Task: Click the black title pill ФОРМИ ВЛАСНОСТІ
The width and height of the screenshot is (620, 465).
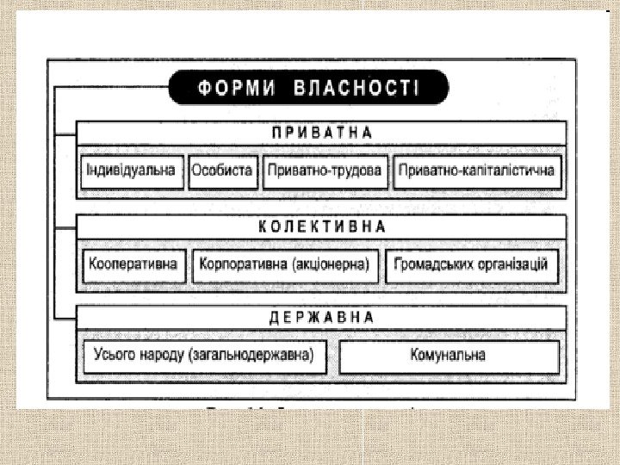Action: coord(308,87)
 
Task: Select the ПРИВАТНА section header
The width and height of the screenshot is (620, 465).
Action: coord(322,133)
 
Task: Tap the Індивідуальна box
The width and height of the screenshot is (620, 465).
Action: coord(131,170)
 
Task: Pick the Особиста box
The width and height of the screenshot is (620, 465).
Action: coord(222,170)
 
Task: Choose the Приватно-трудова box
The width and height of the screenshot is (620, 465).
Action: coord(324,170)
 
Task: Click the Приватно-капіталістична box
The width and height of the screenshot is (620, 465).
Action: coord(476,170)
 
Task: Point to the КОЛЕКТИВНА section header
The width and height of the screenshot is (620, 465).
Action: coord(322,226)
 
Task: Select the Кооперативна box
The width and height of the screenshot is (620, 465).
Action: coord(133,264)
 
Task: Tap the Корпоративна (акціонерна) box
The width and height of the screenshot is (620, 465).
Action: coord(283,264)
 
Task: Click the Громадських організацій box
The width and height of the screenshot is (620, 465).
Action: coord(471,264)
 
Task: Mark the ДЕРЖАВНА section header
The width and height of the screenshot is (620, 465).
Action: coord(322,317)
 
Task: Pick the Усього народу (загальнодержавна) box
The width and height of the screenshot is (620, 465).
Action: coord(204,355)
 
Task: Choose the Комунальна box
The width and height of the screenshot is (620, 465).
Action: coord(448,355)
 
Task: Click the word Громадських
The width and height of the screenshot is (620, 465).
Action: coord(431,264)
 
